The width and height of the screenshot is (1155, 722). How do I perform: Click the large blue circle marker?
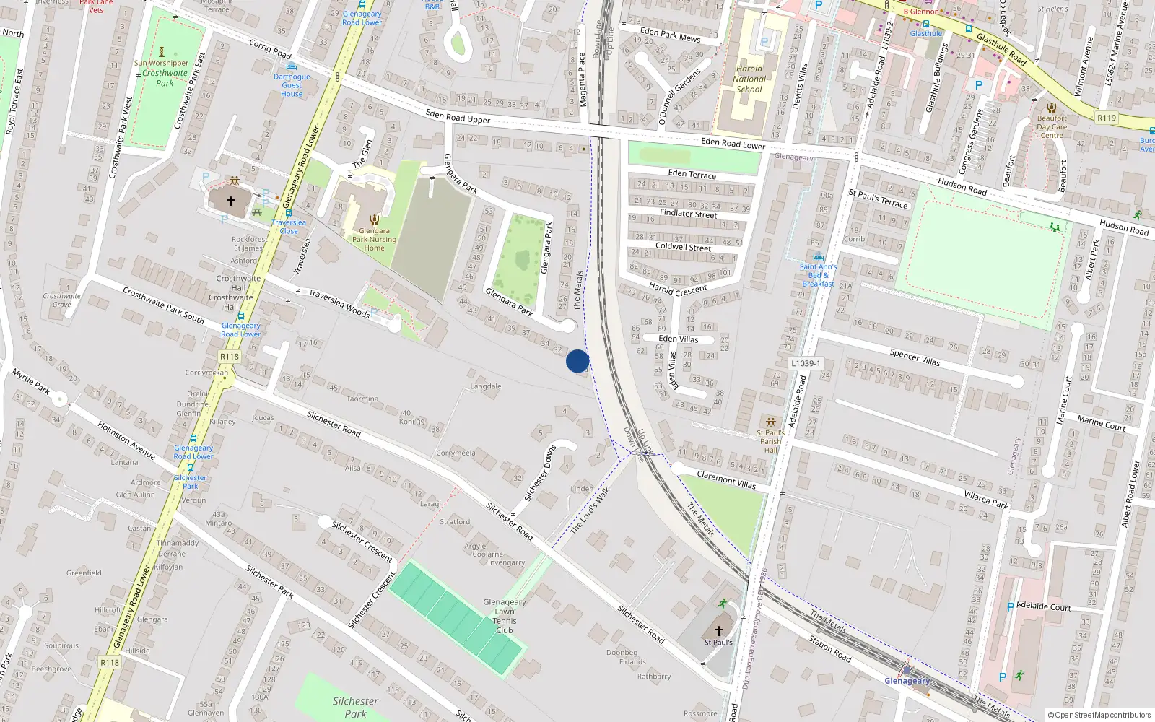point(577,361)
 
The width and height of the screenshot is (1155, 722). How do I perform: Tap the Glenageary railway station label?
point(907,681)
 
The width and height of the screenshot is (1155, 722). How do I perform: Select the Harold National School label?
point(749,79)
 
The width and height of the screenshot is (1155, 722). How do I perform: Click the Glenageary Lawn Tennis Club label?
point(505,616)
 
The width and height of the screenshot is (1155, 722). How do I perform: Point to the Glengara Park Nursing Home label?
point(374,239)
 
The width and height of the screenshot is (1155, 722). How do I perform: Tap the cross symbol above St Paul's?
point(718,630)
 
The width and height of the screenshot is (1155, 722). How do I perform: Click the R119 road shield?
point(1106,118)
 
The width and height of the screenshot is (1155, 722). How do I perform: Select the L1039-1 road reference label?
point(805,364)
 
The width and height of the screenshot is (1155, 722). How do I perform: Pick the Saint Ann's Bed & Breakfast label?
point(818,275)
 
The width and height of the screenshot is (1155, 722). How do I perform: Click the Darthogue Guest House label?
point(292,85)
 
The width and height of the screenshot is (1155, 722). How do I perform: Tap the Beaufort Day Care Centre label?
point(1051,126)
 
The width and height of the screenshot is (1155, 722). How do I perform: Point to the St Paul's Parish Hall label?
point(770,441)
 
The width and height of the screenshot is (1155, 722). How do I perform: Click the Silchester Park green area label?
point(355,707)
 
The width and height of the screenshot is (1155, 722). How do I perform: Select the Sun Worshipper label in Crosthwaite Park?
point(161,63)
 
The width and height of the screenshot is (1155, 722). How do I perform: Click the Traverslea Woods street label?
point(339,304)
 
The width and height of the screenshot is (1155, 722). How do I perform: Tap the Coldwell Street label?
point(683,247)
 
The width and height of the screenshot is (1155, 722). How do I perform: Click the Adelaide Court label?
point(1043,606)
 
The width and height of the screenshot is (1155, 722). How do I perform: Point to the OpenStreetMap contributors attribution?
point(1099,716)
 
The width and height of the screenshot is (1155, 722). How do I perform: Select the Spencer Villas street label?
point(915,357)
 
